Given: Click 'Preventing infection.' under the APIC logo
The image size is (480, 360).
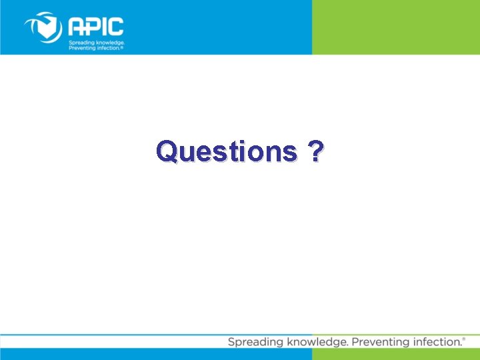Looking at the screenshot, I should [95, 48].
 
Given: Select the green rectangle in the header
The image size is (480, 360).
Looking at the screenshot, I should [395, 27].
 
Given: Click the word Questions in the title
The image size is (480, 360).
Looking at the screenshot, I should [226, 153].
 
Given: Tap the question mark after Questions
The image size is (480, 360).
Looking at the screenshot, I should [313, 151].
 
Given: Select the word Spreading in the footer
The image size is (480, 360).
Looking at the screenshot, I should [253, 342].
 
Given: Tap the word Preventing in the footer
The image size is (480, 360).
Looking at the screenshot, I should [381, 342].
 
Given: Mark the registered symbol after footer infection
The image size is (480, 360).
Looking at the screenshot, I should [464, 339].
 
